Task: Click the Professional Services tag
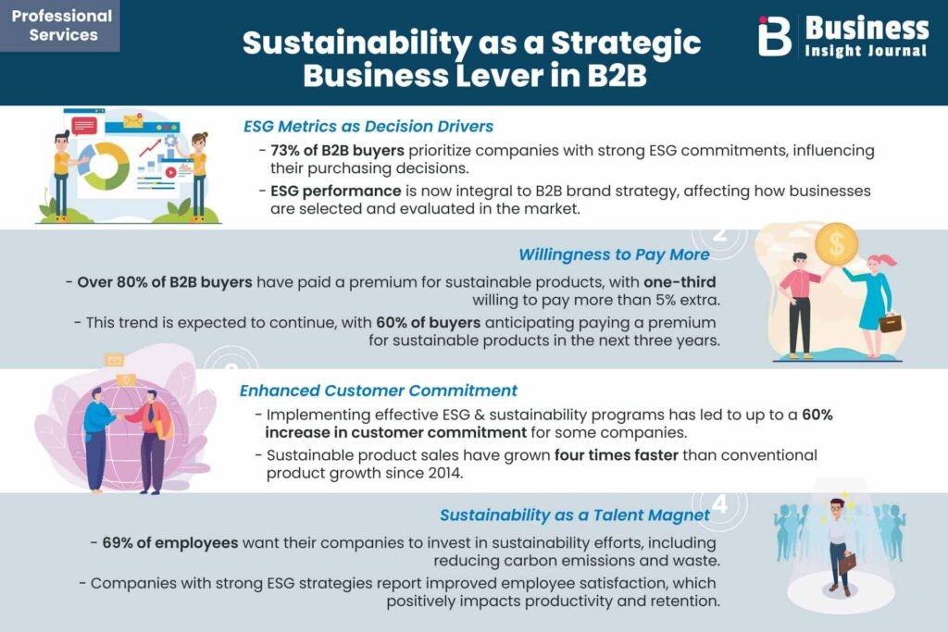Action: pos(60,25)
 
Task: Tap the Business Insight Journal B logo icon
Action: pos(775,36)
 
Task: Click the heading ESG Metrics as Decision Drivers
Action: pos(368,126)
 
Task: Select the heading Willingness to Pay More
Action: pos(614,255)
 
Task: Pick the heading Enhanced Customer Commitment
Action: pos(379,390)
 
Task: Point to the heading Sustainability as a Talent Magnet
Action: pos(574,514)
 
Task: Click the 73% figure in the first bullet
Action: pos(285,151)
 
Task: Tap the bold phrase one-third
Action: pos(680,282)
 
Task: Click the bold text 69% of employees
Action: pos(170,542)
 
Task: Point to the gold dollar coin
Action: pos(837,244)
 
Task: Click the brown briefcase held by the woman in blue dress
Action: pos(890,323)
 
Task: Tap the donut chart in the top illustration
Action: pos(106,166)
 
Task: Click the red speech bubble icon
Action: pos(84,126)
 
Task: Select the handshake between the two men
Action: pos(121,416)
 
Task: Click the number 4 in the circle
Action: pos(719,502)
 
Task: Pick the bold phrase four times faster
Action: pos(616,455)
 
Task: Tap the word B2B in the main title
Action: pos(617,76)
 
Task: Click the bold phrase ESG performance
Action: pos(335,192)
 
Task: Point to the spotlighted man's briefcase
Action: pos(847,564)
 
